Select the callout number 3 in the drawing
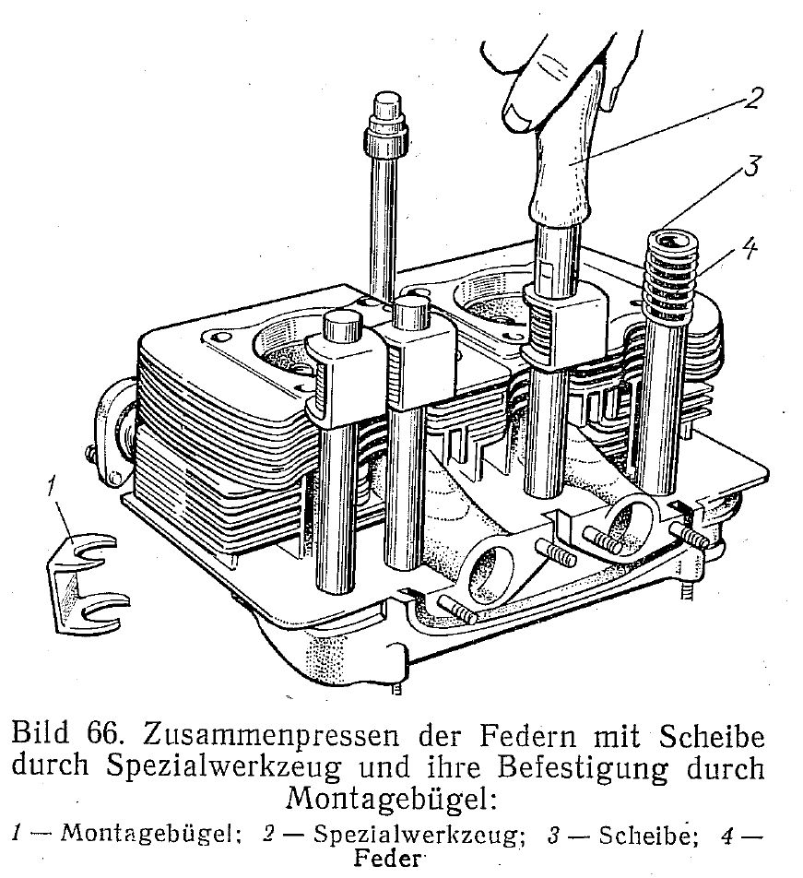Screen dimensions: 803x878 pyautogui.click(x=751, y=166)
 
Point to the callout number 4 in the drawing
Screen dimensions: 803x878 pyautogui.click(x=749, y=248)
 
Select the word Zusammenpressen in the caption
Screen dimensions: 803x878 pyautogui.click(x=271, y=737)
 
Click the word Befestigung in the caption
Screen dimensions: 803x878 pyautogui.click(x=583, y=769)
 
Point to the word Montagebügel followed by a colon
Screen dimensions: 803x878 pyautogui.click(x=391, y=800)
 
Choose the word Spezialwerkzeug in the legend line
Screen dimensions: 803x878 pyautogui.click(x=419, y=836)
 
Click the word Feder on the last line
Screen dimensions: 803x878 pyautogui.click(x=387, y=858)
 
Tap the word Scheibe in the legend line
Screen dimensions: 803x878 pyautogui.click(x=648, y=836)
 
